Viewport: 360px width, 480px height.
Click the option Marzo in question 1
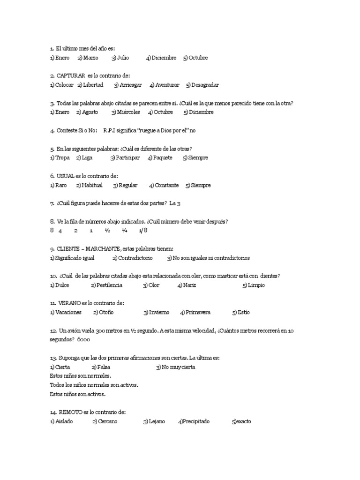click(x=90, y=58)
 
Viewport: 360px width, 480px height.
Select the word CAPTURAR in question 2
click(x=71, y=75)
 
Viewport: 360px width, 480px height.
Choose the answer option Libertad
click(x=93, y=85)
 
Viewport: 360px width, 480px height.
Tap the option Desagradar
click(x=205, y=85)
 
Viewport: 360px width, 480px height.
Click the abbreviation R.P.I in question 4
click(x=111, y=130)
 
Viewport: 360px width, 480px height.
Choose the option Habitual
click(x=92, y=185)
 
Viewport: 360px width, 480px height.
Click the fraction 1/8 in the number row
click(x=143, y=231)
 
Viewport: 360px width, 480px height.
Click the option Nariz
click(x=189, y=285)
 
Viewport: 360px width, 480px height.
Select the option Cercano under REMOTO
click(x=107, y=421)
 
